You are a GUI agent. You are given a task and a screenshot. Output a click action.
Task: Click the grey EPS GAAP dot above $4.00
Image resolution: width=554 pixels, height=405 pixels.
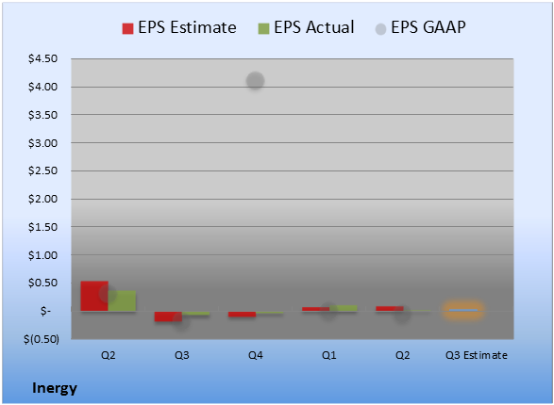click(x=255, y=81)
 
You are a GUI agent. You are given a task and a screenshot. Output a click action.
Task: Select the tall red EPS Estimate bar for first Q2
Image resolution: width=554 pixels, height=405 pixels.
click(x=94, y=296)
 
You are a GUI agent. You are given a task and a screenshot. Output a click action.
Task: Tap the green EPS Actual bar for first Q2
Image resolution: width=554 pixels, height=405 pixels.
click(x=122, y=300)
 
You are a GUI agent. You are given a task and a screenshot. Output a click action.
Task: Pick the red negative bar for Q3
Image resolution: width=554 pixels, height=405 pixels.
click(x=168, y=316)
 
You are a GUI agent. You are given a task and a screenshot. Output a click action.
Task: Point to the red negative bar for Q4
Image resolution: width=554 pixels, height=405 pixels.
click(x=242, y=314)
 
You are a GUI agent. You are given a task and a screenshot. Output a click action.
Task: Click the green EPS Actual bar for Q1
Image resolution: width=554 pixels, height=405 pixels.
click(x=344, y=308)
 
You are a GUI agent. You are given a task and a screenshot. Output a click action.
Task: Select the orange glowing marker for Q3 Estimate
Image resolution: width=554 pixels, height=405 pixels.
click(x=462, y=310)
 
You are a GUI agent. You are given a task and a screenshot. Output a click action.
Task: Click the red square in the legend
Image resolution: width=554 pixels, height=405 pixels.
click(x=127, y=28)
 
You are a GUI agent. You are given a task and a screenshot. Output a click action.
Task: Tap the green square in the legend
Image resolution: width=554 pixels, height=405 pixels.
click(x=263, y=28)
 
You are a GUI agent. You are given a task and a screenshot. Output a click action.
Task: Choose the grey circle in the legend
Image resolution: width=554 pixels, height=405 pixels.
click(x=380, y=29)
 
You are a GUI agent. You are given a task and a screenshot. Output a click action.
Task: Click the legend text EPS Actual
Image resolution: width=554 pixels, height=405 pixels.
click(x=313, y=27)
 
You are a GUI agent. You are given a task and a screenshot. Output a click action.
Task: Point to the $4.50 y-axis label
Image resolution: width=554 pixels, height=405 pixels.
click(x=42, y=58)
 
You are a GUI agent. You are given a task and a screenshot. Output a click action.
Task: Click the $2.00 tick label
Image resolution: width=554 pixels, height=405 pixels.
click(x=42, y=199)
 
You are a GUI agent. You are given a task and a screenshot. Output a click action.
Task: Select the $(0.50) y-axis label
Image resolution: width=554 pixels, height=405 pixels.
click(x=42, y=339)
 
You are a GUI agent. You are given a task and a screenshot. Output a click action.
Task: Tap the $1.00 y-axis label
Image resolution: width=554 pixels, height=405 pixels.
click(x=42, y=255)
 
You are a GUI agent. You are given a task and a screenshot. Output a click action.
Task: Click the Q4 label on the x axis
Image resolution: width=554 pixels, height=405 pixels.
click(x=256, y=355)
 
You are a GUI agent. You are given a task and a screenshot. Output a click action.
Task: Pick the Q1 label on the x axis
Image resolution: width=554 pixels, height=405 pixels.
click(x=329, y=355)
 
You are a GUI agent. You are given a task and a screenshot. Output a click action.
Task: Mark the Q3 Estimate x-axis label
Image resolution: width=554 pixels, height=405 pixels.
click(x=477, y=355)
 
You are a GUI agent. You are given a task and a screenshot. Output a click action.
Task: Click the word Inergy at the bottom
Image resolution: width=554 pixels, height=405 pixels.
click(x=55, y=388)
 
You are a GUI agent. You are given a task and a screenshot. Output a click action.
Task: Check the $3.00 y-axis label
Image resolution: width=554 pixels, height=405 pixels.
click(x=42, y=143)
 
